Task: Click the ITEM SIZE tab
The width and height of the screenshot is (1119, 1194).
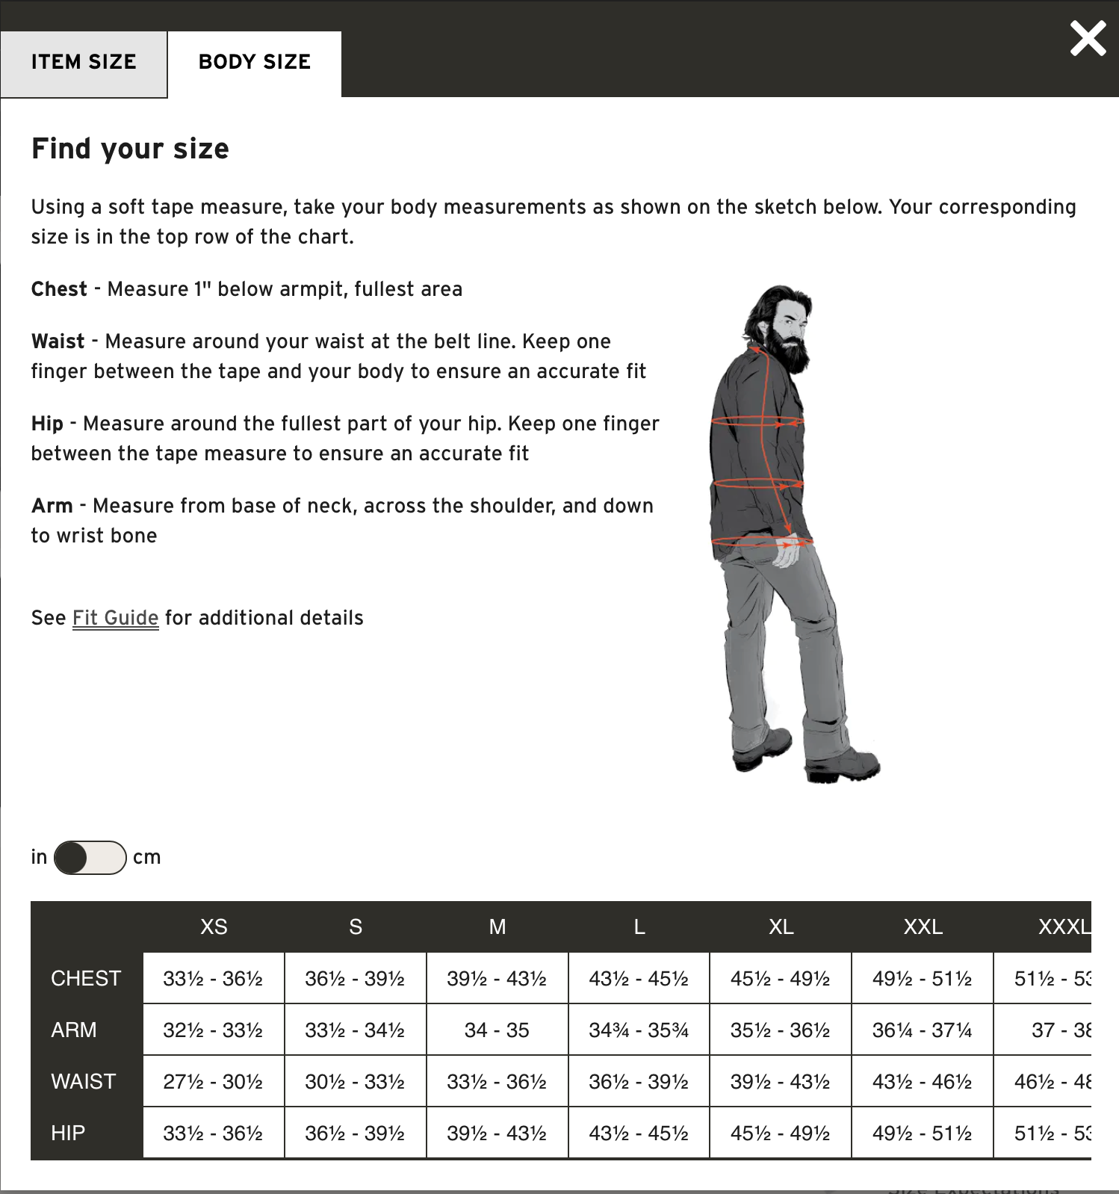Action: click(x=84, y=63)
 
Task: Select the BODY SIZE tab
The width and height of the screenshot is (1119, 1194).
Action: click(x=254, y=63)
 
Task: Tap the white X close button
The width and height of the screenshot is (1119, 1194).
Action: click(x=1088, y=39)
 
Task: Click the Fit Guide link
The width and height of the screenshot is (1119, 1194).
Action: click(x=115, y=618)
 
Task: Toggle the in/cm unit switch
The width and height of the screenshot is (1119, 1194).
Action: click(x=90, y=857)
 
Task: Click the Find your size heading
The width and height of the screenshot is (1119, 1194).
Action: click(x=130, y=149)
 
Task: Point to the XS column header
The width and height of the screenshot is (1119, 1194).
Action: click(x=214, y=927)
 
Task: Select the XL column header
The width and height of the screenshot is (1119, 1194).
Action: click(x=781, y=927)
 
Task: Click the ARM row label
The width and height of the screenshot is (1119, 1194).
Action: click(x=74, y=1030)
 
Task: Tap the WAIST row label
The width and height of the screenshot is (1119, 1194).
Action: click(x=84, y=1082)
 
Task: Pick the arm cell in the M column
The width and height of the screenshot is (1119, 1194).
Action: click(x=497, y=1030)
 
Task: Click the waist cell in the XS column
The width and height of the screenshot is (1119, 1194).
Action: click(x=213, y=1082)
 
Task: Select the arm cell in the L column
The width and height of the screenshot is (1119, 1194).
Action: click(x=639, y=1030)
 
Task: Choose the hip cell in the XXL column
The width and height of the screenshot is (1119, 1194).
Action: click(x=922, y=1133)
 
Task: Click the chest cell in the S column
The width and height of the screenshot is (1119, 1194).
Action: click(x=355, y=979)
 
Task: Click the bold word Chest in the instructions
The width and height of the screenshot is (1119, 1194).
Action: click(x=59, y=289)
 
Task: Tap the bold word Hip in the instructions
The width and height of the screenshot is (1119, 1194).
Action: click(x=47, y=424)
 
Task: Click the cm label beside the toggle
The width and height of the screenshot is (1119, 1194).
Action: click(x=146, y=857)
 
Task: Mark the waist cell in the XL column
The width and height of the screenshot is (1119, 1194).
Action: click(x=781, y=1082)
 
